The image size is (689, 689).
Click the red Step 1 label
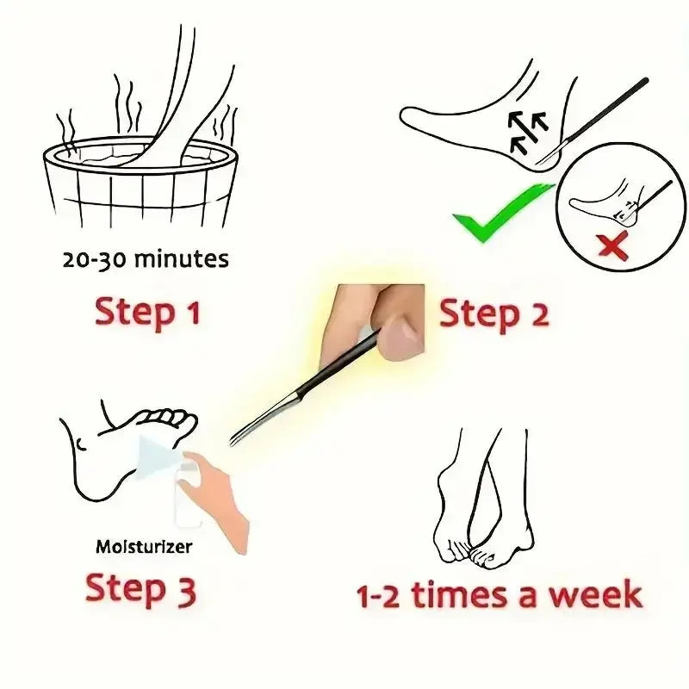[147, 311]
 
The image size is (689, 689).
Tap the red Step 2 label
[493, 314]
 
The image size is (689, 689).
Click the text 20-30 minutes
[146, 258]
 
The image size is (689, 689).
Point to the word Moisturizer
[144, 546]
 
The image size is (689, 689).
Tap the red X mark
[612, 247]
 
